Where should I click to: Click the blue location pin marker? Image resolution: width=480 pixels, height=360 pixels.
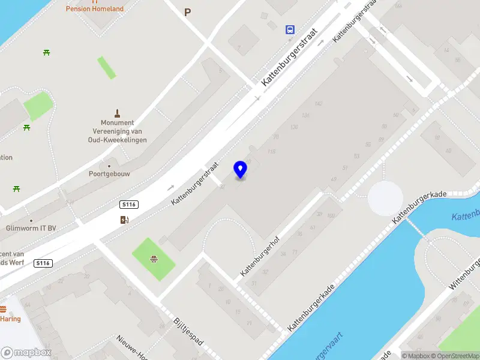(x=241, y=170)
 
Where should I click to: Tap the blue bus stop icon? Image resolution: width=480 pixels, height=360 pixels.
(x=290, y=29)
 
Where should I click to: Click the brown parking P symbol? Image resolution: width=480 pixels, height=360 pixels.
(x=188, y=12)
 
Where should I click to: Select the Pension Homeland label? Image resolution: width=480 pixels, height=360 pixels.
(x=103, y=9)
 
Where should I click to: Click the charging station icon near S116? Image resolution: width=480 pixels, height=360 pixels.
(x=124, y=220)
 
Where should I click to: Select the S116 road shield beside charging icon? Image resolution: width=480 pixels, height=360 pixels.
(x=128, y=205)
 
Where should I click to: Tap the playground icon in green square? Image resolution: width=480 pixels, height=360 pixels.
(x=154, y=259)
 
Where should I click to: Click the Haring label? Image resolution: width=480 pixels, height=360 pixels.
(x=10, y=319)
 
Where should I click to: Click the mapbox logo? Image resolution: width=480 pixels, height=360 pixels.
(x=26, y=353)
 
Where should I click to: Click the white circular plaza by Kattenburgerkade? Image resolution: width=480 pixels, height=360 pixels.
(x=385, y=198)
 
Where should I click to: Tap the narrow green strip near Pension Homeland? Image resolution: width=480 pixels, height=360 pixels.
(x=107, y=67)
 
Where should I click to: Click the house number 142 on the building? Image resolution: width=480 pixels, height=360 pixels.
(x=318, y=104)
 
